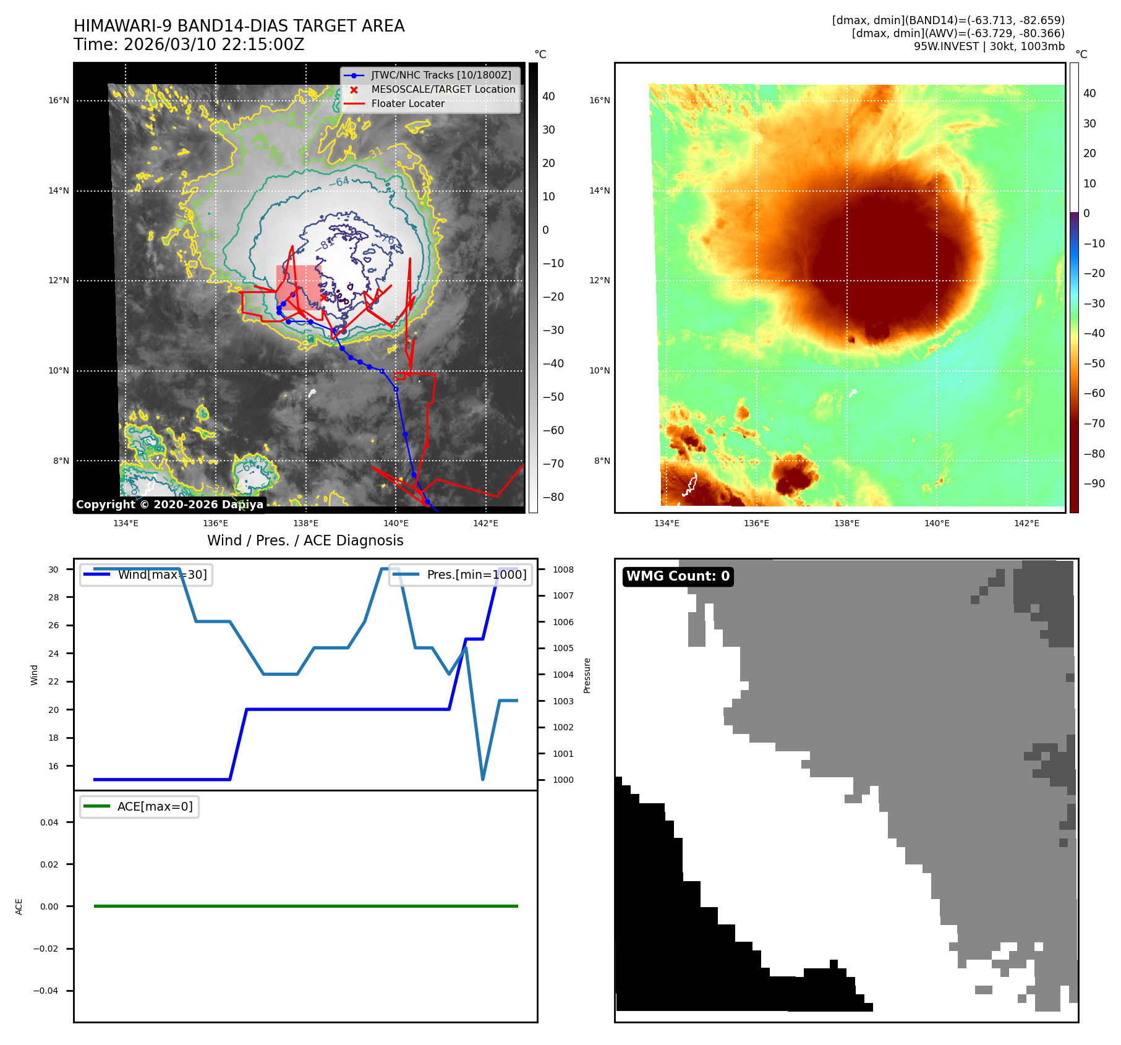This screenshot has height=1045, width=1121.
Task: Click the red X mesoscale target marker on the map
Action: (323, 297)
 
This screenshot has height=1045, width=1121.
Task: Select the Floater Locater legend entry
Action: (407, 104)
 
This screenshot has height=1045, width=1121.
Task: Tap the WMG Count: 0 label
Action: (678, 576)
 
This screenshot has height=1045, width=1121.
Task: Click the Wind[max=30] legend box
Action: (147, 574)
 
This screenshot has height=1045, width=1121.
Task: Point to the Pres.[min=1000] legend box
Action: (461, 574)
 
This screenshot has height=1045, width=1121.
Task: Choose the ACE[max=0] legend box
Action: (140, 806)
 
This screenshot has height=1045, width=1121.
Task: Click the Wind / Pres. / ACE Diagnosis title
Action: (305, 540)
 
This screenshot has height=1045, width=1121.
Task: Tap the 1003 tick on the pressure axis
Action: (563, 701)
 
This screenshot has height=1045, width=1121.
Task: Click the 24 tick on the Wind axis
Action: (54, 654)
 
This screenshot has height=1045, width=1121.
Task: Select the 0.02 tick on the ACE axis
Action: (49, 864)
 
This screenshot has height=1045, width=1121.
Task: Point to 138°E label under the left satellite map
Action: (305, 523)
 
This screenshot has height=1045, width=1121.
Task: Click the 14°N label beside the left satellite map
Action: (59, 190)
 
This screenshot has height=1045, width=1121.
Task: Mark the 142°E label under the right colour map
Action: (1026, 523)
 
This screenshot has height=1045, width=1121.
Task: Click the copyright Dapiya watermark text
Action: (169, 505)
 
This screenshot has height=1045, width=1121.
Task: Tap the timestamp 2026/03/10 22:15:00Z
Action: (214, 45)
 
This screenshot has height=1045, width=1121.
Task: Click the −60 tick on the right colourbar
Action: (1094, 393)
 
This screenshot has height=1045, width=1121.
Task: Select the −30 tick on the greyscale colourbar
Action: (553, 330)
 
